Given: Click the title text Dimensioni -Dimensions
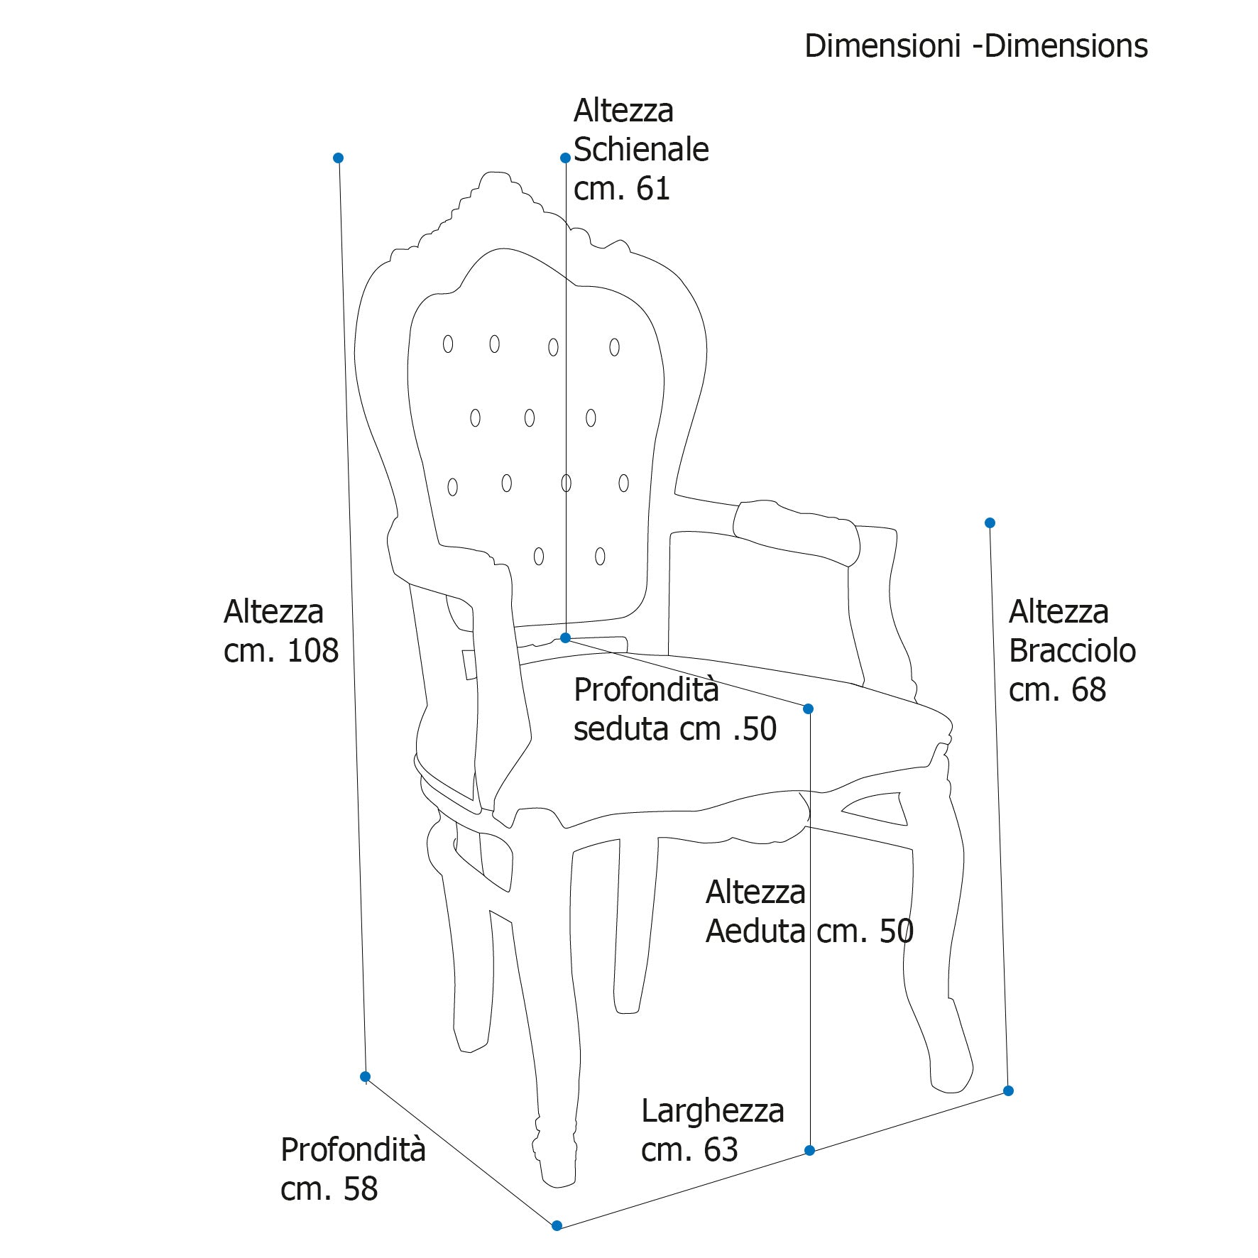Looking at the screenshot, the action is pyautogui.click(x=975, y=46).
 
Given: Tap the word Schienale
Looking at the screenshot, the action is pyautogui.click(x=641, y=150).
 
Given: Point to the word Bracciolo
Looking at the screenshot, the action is pyautogui.click(x=1072, y=651).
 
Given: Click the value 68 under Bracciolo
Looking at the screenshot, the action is pyautogui.click(x=1088, y=690).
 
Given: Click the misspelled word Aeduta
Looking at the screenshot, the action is pyautogui.click(x=755, y=931).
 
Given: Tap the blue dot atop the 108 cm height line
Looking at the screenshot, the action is pyautogui.click(x=339, y=158).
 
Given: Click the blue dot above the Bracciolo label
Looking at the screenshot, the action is pyautogui.click(x=990, y=523).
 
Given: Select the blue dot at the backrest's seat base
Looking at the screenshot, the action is pyautogui.click(x=565, y=638).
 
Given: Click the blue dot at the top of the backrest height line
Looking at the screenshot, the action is pyautogui.click(x=565, y=158).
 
